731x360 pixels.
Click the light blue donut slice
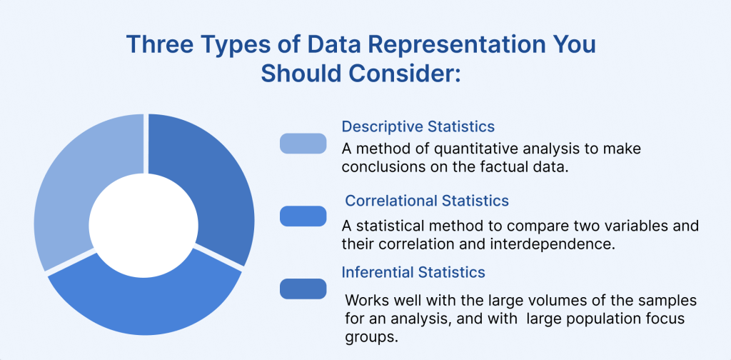70,186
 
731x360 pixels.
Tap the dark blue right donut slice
214,186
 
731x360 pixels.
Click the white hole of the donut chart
143,224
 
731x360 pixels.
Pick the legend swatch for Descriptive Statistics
303,143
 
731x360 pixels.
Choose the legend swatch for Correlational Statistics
303,216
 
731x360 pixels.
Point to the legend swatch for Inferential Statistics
303,289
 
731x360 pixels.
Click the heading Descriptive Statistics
418,126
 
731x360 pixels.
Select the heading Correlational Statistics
427,201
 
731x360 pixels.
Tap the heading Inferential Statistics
413,272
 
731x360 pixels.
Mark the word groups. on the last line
371,337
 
